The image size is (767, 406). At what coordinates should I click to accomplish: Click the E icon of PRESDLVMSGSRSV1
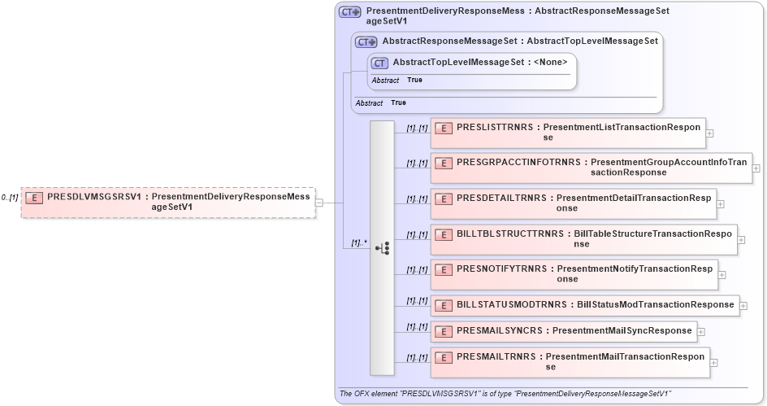[x=34, y=197]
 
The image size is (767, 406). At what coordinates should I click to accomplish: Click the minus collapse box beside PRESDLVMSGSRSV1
[x=319, y=203]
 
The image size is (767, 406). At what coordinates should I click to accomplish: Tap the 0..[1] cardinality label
[x=10, y=198]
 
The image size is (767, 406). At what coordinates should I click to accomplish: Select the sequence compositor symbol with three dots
[x=383, y=248]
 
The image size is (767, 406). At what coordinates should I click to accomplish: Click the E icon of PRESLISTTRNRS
[x=444, y=128]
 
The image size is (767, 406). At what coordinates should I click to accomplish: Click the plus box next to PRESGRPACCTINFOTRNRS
[x=756, y=168]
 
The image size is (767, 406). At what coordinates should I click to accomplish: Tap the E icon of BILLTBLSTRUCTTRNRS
[x=444, y=234]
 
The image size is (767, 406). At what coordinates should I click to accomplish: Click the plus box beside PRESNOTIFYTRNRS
[x=721, y=274]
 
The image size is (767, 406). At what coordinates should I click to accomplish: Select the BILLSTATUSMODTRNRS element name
[x=514, y=304]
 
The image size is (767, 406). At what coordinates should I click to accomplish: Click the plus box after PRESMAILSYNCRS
[x=701, y=331]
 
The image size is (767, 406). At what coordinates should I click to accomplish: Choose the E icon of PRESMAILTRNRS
[x=444, y=357]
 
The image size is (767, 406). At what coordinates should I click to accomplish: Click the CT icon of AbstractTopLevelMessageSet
[x=379, y=63]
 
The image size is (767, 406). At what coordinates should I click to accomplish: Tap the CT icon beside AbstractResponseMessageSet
[x=366, y=41]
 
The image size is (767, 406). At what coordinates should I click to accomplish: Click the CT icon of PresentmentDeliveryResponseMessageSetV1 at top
[x=350, y=12]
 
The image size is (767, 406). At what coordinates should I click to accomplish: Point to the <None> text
[x=550, y=62]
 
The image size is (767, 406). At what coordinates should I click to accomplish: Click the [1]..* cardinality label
[x=359, y=242]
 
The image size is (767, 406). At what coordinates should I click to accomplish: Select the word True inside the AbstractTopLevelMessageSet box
[x=414, y=81]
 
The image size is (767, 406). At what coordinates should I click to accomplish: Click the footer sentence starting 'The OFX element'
[x=505, y=394]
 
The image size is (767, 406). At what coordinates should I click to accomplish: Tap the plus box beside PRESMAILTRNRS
[x=714, y=363]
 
